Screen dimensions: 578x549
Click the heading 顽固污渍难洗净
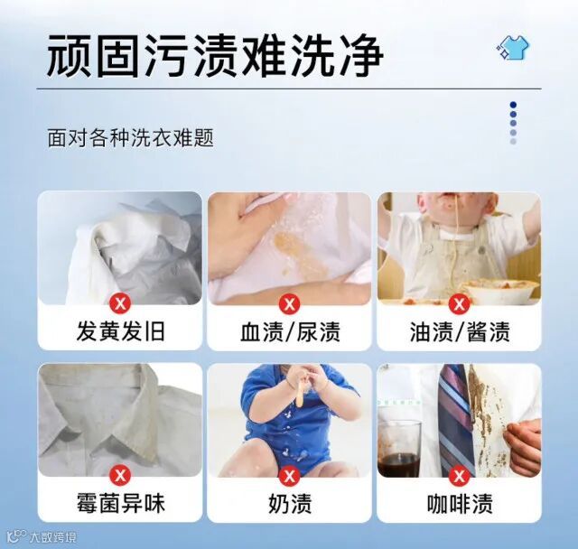[x=215, y=55]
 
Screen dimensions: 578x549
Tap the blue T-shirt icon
[x=513, y=47]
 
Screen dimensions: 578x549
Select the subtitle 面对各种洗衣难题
[x=130, y=138]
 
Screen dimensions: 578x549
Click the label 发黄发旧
[x=120, y=330]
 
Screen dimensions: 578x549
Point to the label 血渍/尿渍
[x=290, y=330]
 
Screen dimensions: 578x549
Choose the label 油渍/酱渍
[x=460, y=330]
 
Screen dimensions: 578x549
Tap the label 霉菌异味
[x=120, y=503]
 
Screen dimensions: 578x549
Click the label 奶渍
[x=290, y=503]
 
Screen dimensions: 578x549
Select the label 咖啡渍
[x=460, y=503]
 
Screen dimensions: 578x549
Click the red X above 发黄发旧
[x=120, y=304]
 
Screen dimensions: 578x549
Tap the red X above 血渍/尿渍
[x=290, y=304]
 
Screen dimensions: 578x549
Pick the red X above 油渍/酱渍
[x=460, y=304]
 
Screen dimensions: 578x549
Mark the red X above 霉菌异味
[x=120, y=476]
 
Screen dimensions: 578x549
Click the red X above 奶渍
[x=290, y=476]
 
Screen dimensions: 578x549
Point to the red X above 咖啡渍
[x=460, y=476]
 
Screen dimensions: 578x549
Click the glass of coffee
[x=399, y=449]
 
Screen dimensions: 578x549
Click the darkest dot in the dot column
[x=514, y=105]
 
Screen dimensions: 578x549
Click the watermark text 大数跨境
[x=53, y=537]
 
